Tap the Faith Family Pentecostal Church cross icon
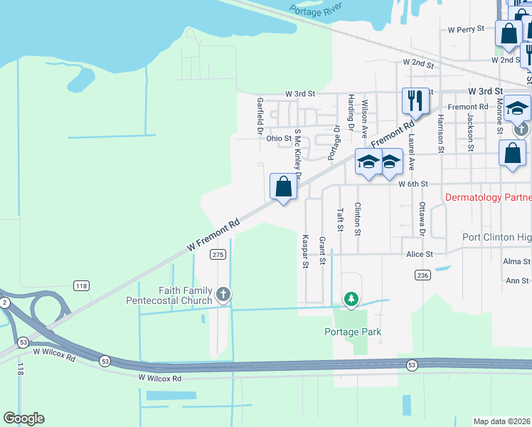coord(223,294)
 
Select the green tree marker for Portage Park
coord(350,300)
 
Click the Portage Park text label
coord(353,332)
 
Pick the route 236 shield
coord(423,275)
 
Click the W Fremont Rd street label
coord(213,234)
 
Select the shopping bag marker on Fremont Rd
coord(283,189)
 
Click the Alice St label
coord(419,254)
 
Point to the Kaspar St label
coord(305,251)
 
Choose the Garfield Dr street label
coord(260,116)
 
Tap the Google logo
coord(23,418)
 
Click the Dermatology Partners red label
coord(488,197)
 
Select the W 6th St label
coord(413,184)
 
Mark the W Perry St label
coord(466,30)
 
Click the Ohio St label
coord(279,139)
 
